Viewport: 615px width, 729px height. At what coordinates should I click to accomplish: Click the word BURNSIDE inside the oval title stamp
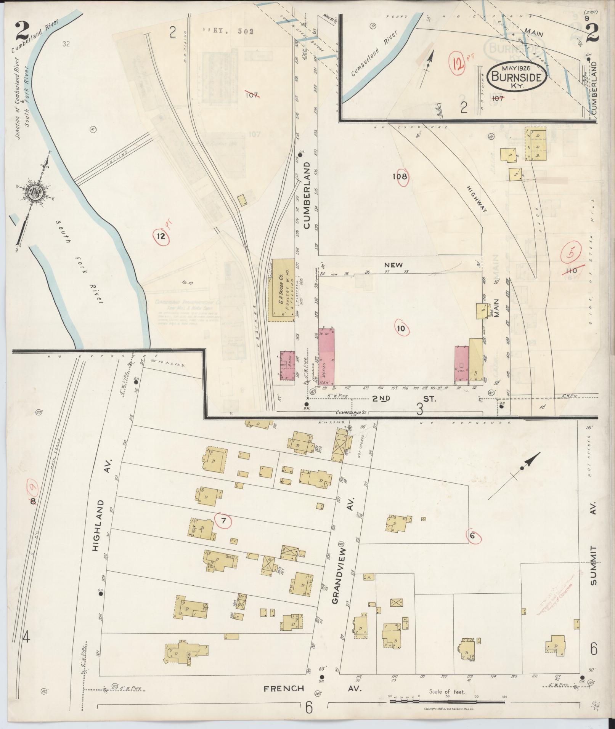[x=517, y=77]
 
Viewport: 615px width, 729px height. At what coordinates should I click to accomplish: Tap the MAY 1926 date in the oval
[x=517, y=69]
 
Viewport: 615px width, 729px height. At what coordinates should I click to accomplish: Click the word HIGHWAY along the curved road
[x=477, y=199]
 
